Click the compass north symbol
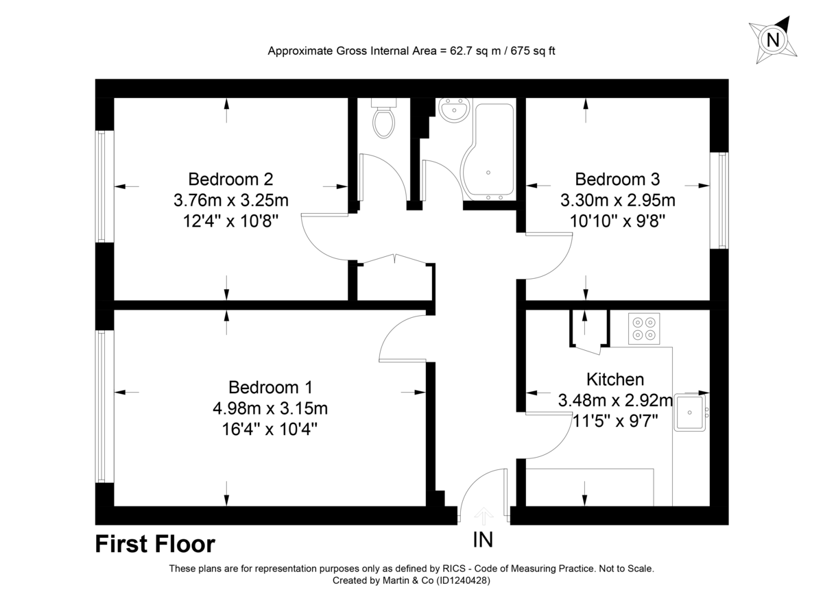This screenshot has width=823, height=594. coord(773,40)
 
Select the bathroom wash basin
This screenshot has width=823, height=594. coord(453,110)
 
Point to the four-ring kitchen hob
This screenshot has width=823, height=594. coord(644,328)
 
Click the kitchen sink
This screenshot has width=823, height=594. coord(690,412)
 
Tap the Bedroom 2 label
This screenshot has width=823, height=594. coord(230,180)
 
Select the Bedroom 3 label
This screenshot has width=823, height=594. coord(617,180)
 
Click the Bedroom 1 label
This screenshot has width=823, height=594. coord(270,387)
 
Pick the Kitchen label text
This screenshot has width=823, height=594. coord(615,380)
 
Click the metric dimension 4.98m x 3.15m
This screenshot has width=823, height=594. coord(270,409)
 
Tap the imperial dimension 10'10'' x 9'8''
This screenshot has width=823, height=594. coord(617,222)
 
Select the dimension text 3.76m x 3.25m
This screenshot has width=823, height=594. coord(230,201)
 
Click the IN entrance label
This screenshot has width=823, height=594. coord(483,540)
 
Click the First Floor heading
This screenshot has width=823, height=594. coord(155,544)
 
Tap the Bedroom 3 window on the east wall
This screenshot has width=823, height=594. coord(723,200)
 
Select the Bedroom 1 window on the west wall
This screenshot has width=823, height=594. coord(103,407)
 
